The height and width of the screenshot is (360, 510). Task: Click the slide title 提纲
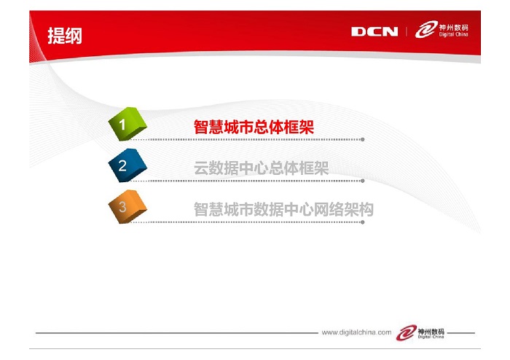65,36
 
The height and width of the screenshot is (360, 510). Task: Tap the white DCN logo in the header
374,31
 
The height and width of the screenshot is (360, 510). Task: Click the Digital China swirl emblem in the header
426,29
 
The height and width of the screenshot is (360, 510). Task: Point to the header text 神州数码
454,27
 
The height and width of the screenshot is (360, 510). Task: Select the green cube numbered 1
127,124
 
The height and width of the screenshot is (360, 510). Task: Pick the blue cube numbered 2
127,165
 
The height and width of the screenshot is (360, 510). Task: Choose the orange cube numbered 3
127,206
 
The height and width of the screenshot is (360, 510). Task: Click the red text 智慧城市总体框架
254,127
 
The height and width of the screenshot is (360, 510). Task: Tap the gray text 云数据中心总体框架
261,168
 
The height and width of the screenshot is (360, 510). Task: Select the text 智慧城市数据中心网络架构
283,209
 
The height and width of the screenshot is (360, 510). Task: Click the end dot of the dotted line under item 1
362,139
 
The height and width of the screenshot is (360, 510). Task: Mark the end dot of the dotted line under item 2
362,181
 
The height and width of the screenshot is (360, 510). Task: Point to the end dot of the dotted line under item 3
362,222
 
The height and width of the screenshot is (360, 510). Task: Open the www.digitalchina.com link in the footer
356,332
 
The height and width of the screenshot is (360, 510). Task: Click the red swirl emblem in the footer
407,332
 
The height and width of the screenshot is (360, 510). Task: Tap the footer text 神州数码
431,332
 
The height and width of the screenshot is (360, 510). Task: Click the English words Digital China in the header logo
454,34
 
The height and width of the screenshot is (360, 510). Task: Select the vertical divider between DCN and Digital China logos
407,31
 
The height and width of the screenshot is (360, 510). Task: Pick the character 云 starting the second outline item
201,168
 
